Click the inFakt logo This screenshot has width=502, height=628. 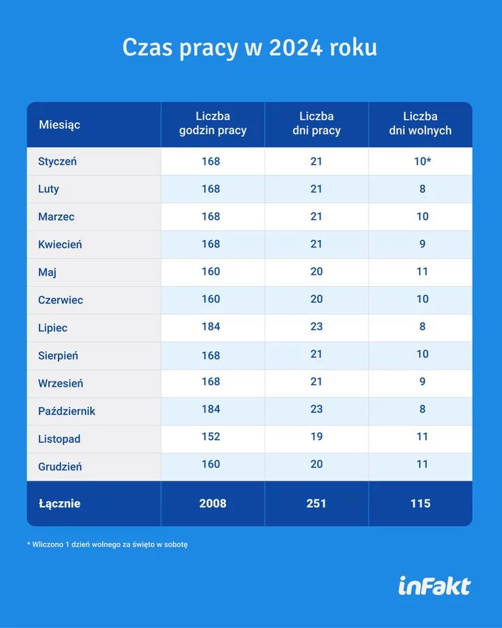tap(434, 586)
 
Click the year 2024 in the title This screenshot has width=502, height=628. tap(295, 47)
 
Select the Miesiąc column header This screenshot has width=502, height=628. tap(59, 125)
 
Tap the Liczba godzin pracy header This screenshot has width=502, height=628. tap(213, 124)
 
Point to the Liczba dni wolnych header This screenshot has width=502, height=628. tap(420, 124)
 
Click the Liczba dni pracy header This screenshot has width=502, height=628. tap(316, 124)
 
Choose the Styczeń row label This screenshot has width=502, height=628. tap(57, 161)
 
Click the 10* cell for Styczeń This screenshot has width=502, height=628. tap(422, 161)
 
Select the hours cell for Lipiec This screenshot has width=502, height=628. tap(211, 327)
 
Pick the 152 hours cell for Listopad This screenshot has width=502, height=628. tap(211, 437)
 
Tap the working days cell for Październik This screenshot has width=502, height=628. tap(316, 409)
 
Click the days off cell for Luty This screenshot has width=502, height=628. tap(422, 188)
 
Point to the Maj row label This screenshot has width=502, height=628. tap(47, 272)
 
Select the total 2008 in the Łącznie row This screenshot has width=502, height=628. tap(213, 503)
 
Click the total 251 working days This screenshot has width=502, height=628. tap(316, 503)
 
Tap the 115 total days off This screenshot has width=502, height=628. tap(420, 503)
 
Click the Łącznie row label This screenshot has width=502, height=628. tap(59, 504)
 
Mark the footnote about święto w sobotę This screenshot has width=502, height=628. tap(107, 545)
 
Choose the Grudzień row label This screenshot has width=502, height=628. tap(60, 467)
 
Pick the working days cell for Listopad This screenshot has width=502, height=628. tap(316, 437)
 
